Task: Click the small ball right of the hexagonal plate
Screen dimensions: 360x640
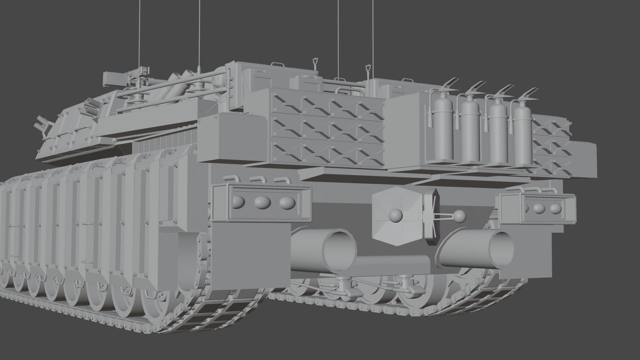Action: coord(460,216)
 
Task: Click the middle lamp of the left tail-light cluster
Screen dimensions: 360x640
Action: coord(262,202)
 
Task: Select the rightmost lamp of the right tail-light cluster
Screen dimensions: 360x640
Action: coord(555,209)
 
